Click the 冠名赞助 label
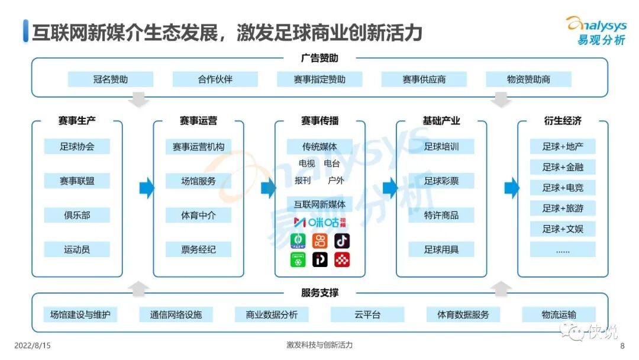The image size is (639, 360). pyautogui.click(x=110, y=79)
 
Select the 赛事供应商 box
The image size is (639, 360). pyautogui.click(x=424, y=79)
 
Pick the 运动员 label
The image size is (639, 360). pyautogui.click(x=77, y=249)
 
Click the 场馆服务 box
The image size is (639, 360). pyautogui.click(x=198, y=181)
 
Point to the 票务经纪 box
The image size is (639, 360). pyautogui.click(x=198, y=249)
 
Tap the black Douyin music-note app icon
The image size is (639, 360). pyautogui.click(x=342, y=240)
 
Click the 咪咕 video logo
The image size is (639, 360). pyautogui.click(x=319, y=223)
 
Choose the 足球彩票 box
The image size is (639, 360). pyautogui.click(x=441, y=181)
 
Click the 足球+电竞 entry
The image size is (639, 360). pyautogui.click(x=563, y=188)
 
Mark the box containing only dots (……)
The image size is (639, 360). pyautogui.click(x=563, y=249)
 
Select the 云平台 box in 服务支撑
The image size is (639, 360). pyautogui.click(x=367, y=314)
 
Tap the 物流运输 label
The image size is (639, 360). pyautogui.click(x=559, y=314)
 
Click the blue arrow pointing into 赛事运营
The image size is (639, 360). pyautogui.click(x=146, y=188)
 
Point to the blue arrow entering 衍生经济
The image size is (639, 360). pyautogui.click(x=511, y=188)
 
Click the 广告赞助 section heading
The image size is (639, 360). pyautogui.click(x=319, y=58)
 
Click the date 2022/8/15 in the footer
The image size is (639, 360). pyautogui.click(x=33, y=345)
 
